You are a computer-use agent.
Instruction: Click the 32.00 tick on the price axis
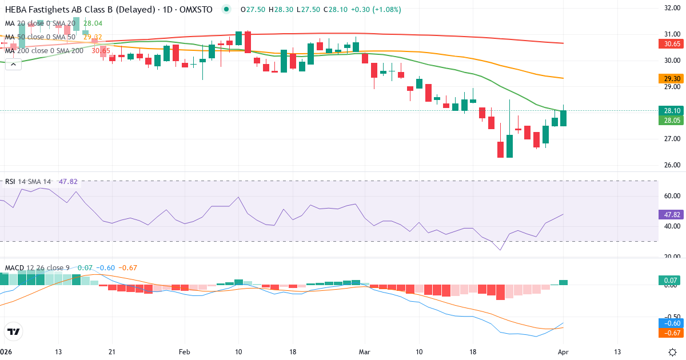pyautogui.click(x=671, y=8)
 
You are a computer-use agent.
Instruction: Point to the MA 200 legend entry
pyautogui.click(x=44, y=50)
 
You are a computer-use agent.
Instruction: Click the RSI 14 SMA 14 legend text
pyautogui.click(x=28, y=182)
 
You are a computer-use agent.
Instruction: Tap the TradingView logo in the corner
pyautogui.click(x=14, y=331)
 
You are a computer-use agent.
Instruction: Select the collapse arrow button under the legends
pyautogui.click(x=13, y=64)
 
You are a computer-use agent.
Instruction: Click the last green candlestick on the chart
pyautogui.click(x=563, y=118)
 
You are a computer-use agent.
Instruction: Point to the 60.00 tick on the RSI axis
pyautogui.click(x=671, y=195)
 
